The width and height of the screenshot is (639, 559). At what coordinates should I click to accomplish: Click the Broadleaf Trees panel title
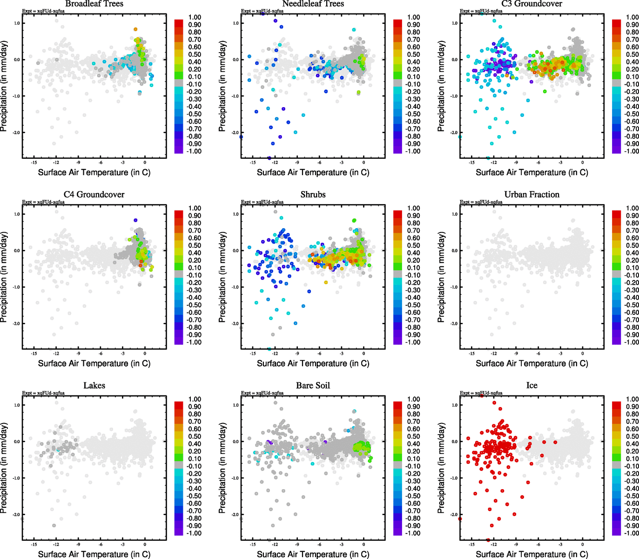point(94,4)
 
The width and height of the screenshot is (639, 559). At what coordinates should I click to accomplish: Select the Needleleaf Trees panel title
point(313,4)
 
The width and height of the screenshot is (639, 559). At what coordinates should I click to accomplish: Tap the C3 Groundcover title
point(531,4)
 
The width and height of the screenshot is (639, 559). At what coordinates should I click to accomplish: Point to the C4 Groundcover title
point(94,195)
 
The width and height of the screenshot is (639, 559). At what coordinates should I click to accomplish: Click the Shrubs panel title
point(313,195)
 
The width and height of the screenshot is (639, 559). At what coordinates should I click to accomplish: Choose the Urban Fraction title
point(531,195)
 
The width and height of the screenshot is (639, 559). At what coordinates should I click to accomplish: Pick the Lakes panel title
point(94,386)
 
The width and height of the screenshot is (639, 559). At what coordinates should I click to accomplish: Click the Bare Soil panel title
point(313,386)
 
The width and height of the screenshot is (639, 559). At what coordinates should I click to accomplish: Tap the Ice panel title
point(531,386)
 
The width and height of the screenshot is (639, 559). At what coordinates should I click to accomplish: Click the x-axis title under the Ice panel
point(531,554)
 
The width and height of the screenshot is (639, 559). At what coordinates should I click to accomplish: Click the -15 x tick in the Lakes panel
point(34,544)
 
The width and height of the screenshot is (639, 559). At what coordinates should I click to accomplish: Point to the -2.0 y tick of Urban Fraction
point(454,324)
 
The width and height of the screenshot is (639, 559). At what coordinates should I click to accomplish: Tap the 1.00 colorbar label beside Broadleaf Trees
point(195,17)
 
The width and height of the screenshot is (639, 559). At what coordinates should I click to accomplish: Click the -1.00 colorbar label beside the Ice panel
point(632,533)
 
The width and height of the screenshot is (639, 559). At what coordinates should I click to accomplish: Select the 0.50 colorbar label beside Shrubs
point(414,245)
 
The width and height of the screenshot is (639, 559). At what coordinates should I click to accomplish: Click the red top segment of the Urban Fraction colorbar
point(616,214)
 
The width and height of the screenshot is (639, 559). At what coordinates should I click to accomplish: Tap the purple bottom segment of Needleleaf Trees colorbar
point(397,150)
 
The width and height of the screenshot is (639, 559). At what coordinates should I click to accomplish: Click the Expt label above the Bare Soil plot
point(262,393)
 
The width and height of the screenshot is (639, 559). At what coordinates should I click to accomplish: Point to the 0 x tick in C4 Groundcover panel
point(145,353)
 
